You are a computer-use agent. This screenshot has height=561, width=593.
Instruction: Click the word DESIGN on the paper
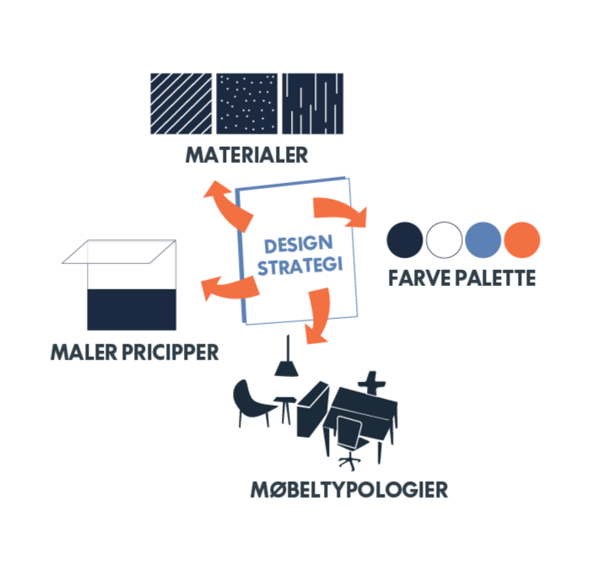pos(291,245)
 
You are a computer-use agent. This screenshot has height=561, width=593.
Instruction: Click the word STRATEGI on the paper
pos(299,267)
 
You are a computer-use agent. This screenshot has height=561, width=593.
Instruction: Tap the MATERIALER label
pos(247,155)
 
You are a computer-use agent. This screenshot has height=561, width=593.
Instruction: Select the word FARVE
pos(418,278)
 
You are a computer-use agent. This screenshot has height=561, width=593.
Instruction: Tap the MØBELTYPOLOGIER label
pos(348,489)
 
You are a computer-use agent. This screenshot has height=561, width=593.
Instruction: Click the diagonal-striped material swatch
pos(181,103)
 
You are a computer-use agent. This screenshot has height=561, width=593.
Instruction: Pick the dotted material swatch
pos(247,103)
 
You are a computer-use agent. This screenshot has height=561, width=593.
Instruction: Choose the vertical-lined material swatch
pos(312,103)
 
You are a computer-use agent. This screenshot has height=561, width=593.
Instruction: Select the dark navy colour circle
pos(405,240)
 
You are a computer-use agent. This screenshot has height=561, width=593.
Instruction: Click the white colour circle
pos(445,240)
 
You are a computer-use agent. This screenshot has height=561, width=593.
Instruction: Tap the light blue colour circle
pos(483,240)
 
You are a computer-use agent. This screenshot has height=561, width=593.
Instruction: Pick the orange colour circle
pos(522,240)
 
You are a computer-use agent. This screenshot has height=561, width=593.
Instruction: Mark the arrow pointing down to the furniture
pos(319,317)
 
